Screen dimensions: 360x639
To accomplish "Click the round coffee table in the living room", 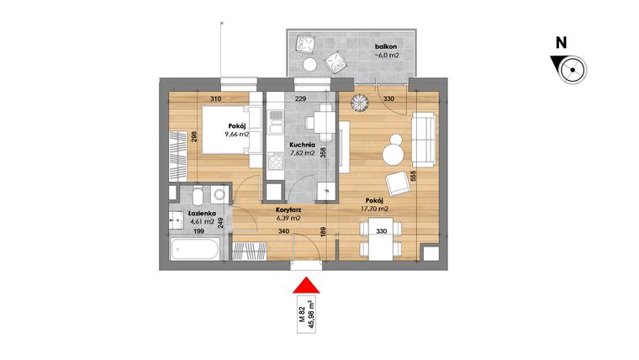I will click(393, 154).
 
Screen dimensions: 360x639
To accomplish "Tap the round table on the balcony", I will click(310, 65).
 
